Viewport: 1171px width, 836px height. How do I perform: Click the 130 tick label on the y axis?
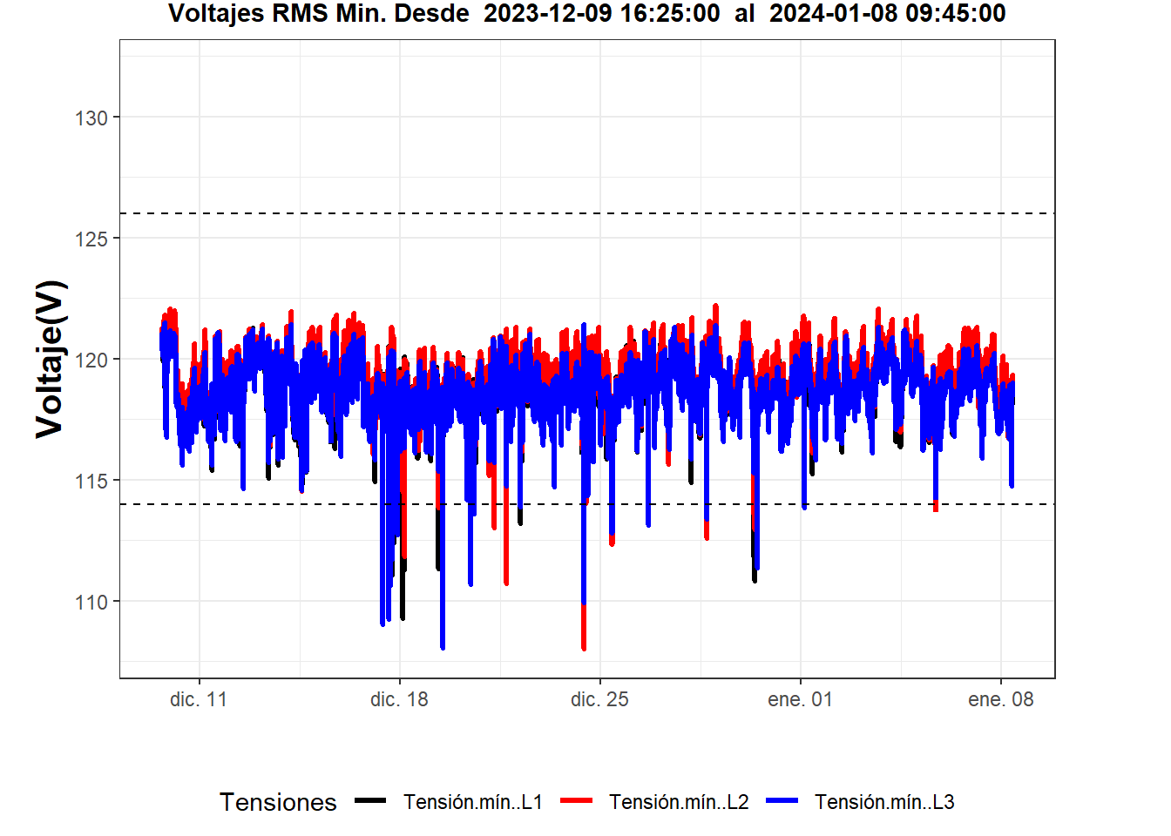pos(91,118)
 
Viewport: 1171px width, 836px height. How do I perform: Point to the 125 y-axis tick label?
pos(91,239)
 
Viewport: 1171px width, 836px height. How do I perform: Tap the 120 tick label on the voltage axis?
pos(91,360)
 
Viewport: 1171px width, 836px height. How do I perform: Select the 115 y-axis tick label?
pos(91,481)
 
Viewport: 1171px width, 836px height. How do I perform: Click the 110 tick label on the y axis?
pos(91,602)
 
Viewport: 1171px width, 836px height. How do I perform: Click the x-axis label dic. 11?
pos(199,699)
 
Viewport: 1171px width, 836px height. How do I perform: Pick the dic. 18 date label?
pos(399,699)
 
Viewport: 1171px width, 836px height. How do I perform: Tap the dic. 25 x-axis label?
pos(599,699)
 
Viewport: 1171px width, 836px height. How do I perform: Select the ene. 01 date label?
pos(800,699)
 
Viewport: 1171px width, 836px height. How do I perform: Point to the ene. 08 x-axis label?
pos(1000,699)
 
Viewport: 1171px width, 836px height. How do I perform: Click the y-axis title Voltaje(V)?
pos(51,359)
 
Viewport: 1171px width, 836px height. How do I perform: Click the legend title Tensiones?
pos(278,802)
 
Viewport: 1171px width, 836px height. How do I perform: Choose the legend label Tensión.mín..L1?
pos(473,802)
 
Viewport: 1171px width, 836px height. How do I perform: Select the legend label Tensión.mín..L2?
pos(679,802)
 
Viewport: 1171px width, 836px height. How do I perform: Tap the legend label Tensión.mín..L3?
pos(884,802)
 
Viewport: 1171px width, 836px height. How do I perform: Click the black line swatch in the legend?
pos(370,801)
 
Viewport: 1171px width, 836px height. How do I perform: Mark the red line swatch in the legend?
pos(576,801)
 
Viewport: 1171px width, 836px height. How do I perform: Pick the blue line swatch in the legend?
pos(782,801)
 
